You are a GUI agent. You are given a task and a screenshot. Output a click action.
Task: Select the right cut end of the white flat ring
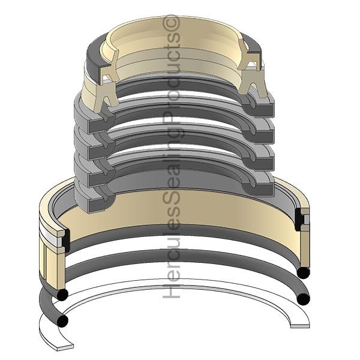tap(300, 324)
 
